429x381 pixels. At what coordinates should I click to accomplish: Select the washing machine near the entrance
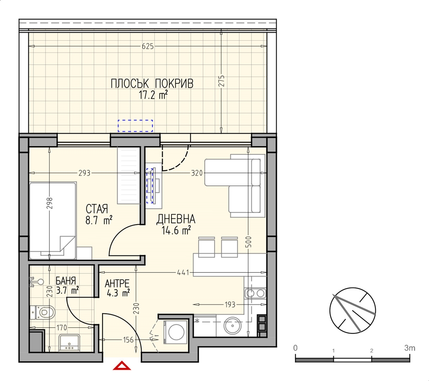[x=175, y=332]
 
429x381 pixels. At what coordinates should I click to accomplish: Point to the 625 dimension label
[x=148, y=46]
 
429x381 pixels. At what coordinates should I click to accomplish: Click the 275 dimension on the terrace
[x=221, y=81]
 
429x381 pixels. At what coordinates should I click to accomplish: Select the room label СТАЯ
[x=97, y=209]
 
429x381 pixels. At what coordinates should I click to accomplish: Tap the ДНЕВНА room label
[x=175, y=219]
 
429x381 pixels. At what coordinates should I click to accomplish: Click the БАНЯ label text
[x=66, y=281]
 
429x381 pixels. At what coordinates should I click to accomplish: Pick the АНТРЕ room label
[x=117, y=284]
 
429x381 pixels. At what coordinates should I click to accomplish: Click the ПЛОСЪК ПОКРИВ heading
[x=152, y=84]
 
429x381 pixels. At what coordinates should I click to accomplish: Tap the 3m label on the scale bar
[x=410, y=348]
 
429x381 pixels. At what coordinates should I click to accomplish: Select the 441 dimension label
[x=183, y=273]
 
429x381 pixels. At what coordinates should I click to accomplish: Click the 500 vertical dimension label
[x=248, y=242]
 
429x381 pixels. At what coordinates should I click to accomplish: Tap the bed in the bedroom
[x=52, y=221]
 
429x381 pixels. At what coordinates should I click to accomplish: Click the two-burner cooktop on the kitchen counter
[x=255, y=294]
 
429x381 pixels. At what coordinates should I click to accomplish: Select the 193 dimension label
[x=230, y=304]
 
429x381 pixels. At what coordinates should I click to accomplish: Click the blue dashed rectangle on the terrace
[x=135, y=126]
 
